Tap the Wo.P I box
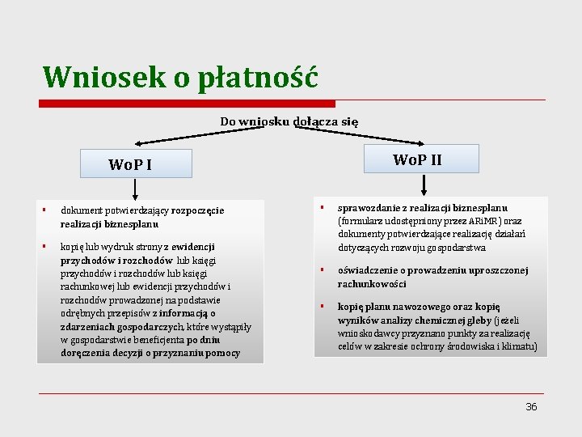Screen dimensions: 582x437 coord(134,163)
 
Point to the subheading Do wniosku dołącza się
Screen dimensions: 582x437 coord(289,121)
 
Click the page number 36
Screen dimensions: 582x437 coord(531,407)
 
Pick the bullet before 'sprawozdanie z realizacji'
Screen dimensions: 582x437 coord(321,207)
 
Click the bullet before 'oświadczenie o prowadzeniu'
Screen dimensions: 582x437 coord(321,270)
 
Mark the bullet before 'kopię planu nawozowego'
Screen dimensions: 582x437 coord(321,306)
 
